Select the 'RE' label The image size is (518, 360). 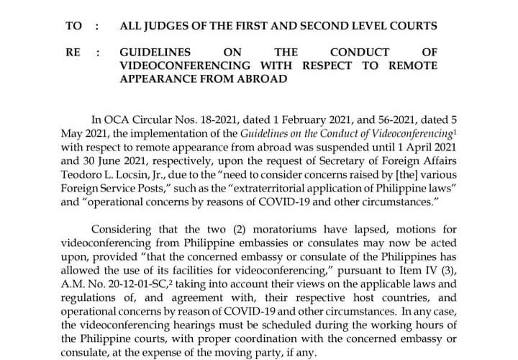point(72,53)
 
